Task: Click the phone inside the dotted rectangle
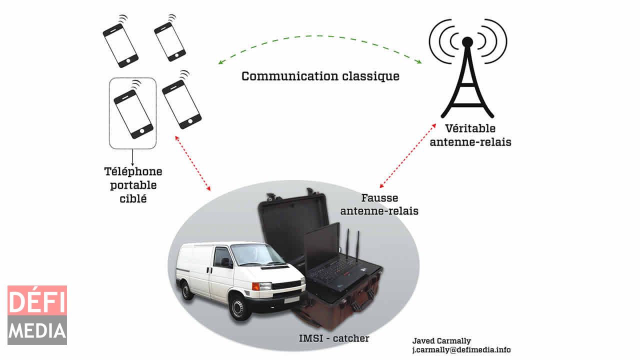[x=133, y=113]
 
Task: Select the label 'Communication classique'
[x=320, y=76]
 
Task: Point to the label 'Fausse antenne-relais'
[x=379, y=204]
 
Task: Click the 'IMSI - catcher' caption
[x=334, y=338]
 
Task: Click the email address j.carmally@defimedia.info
[x=461, y=350]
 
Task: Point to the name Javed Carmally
[x=441, y=341]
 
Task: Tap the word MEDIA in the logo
[x=37, y=330]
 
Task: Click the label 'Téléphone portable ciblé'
[x=133, y=184]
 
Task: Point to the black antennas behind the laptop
[x=352, y=245]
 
